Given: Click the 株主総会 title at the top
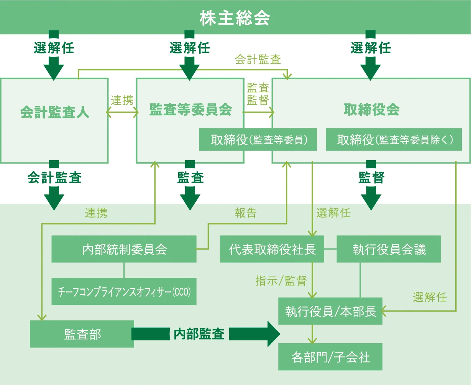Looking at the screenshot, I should [235, 18].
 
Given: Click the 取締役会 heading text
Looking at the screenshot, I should [371, 110].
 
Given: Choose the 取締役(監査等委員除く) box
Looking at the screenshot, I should [394, 140].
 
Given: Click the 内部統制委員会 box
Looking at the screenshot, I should [124, 249].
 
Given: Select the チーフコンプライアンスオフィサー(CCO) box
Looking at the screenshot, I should [124, 292].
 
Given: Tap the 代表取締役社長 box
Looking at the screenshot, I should [272, 249].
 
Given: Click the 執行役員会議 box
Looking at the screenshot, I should [389, 249].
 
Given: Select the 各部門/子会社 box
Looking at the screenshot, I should [330, 357].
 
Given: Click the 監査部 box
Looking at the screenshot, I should [82, 334].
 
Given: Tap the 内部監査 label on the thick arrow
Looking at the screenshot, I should [199, 334].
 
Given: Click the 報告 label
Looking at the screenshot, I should [245, 213].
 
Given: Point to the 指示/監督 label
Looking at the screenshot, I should [281, 281].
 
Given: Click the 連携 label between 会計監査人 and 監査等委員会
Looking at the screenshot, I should [122, 100].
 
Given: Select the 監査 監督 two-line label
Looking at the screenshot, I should [258, 94].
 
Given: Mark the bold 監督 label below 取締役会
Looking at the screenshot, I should [371, 177].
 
